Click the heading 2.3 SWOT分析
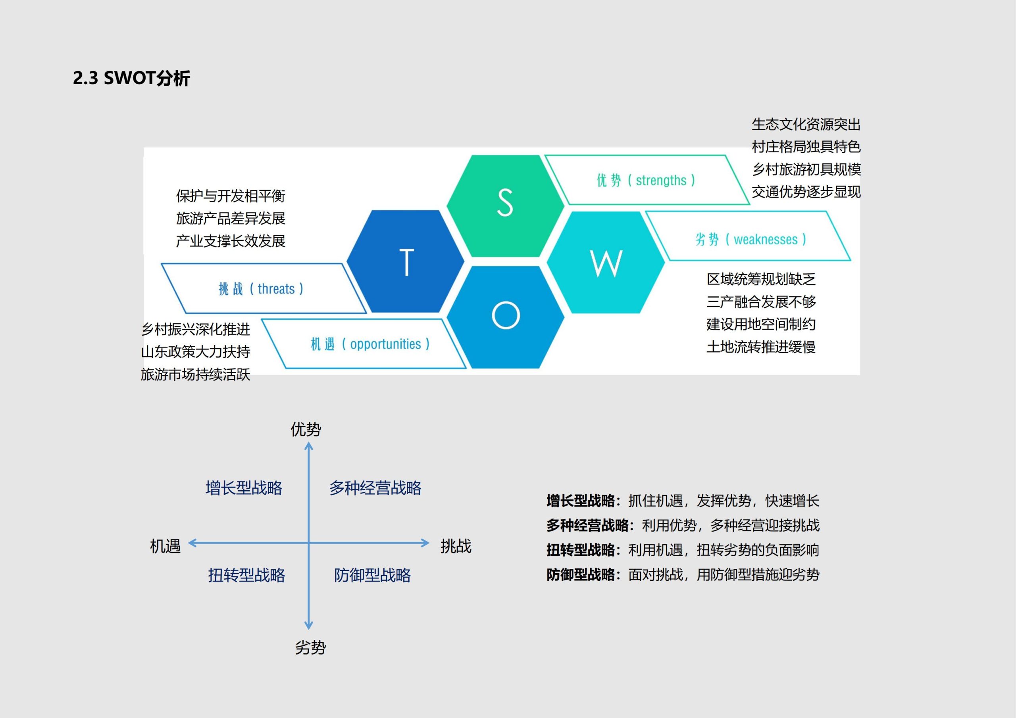coord(131,78)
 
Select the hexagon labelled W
coord(606,262)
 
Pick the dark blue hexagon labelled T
coord(406,261)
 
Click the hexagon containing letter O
coord(505,316)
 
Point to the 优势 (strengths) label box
coord(646,180)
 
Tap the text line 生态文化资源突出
coord(806,124)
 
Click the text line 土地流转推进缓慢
coord(761,347)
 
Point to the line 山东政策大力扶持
coord(196,352)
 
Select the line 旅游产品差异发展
coord(231,218)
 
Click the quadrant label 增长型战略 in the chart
coord(244,488)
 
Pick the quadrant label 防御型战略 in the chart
coord(372,575)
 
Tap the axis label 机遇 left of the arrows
coord(165,546)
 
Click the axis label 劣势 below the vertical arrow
coord(310,648)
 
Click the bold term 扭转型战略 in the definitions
coord(580,550)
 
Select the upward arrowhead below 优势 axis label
coord(309,447)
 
